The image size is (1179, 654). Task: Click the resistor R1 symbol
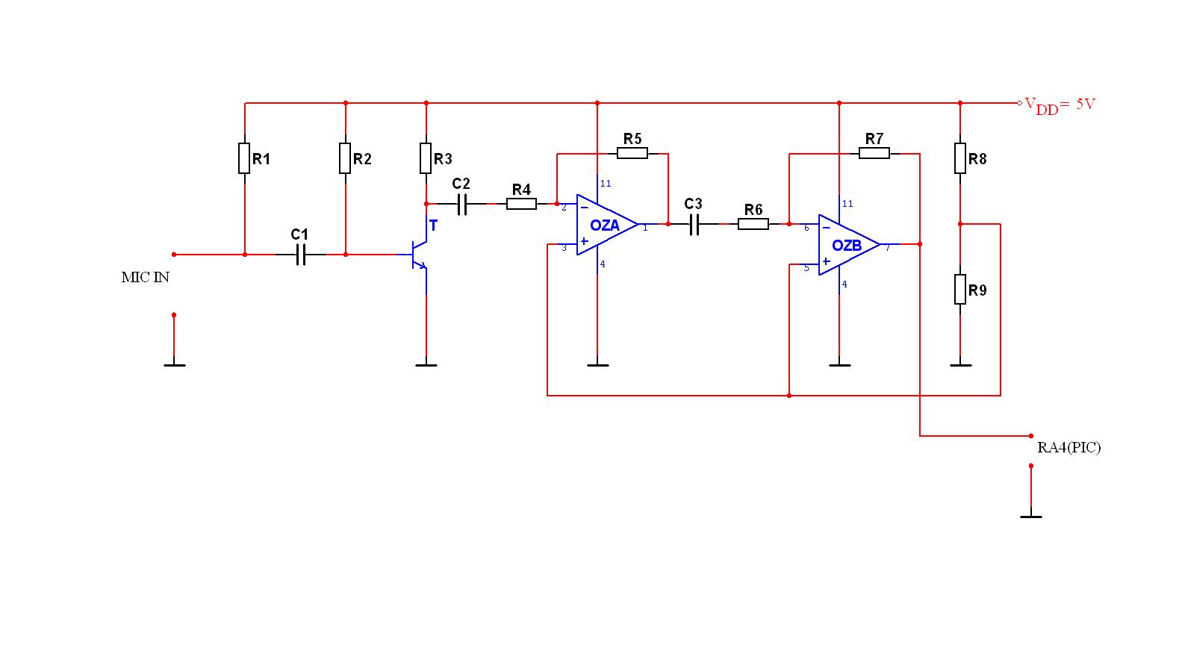(244, 158)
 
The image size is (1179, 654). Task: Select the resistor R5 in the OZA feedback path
(632, 153)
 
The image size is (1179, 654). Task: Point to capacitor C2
(461, 203)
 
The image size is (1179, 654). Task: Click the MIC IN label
(146, 277)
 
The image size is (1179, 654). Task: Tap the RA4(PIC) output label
(1068, 447)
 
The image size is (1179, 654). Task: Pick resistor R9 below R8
(960, 289)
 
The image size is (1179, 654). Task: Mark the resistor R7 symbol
(874, 153)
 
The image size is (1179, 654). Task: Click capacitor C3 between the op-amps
(694, 223)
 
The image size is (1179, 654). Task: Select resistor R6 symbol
(753, 223)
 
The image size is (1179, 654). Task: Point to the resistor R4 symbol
(521, 203)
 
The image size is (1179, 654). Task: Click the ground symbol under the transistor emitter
(426, 364)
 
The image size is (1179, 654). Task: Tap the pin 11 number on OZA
(606, 184)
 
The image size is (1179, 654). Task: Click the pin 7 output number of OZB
(887, 248)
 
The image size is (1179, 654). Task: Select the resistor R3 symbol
(426, 158)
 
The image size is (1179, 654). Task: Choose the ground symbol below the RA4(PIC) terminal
(1031, 515)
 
